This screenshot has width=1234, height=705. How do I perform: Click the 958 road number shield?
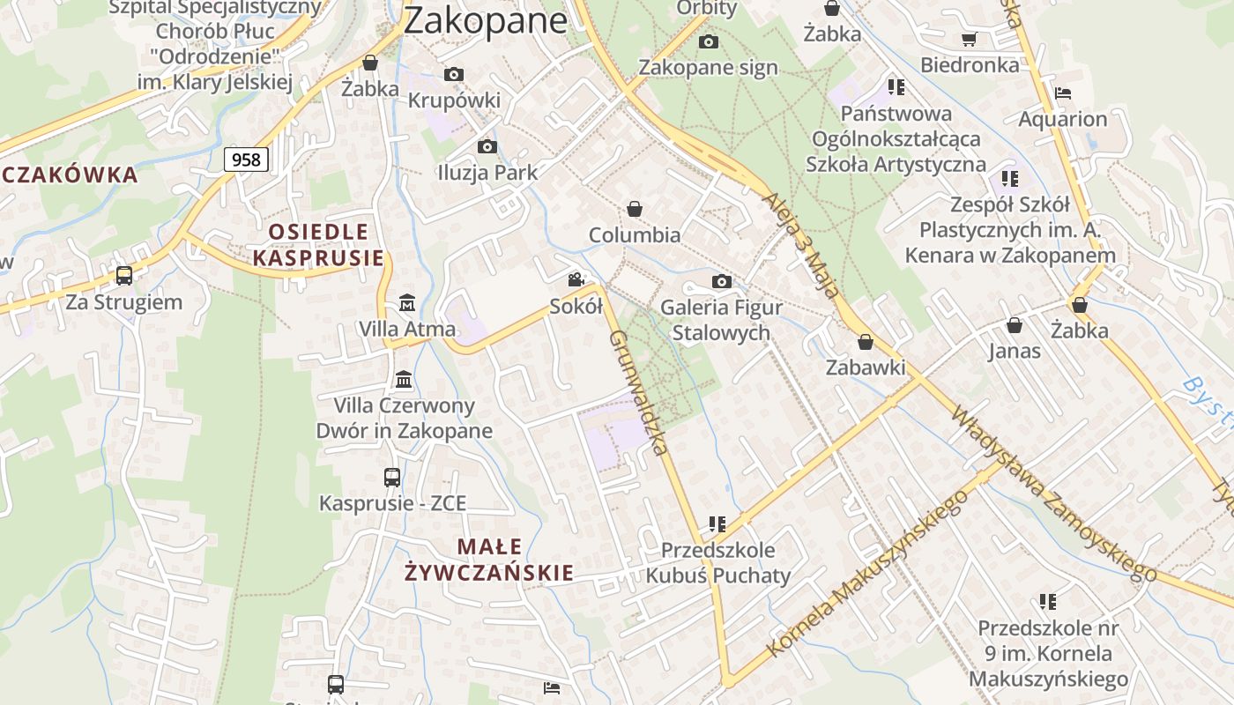[246, 160]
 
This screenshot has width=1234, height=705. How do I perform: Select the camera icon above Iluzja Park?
[487, 146]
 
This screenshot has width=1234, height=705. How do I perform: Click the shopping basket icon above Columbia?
[634, 209]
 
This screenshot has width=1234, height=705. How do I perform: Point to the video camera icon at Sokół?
[576, 280]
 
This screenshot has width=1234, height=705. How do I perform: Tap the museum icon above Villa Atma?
[407, 303]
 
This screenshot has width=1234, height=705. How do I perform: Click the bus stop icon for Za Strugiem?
[124, 276]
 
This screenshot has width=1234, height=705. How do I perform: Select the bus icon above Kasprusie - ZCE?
[392, 478]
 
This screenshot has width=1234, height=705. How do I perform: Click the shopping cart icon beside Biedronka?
[970, 39]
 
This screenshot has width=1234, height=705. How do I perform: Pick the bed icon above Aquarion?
[1063, 93]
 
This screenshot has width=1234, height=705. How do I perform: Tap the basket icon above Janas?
[1015, 325]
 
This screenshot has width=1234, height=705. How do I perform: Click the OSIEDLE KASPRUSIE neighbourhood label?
[318, 245]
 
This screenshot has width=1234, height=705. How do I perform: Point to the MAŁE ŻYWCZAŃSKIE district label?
[489, 560]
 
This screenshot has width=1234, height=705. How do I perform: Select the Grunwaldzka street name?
[637, 392]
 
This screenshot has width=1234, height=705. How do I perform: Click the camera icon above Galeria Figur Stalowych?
[721, 282]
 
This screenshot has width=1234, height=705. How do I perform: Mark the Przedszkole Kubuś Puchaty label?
[718, 563]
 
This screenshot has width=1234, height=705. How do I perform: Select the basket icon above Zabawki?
[866, 342]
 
